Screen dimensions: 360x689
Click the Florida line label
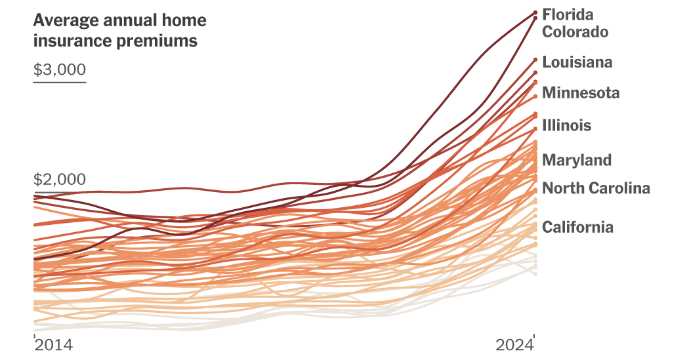click(568, 14)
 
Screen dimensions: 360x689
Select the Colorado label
click(575, 31)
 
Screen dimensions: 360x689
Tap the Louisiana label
click(577, 62)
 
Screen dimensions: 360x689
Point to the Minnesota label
click(581, 93)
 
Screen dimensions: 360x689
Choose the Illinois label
click(566, 125)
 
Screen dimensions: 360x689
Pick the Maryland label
click(577, 160)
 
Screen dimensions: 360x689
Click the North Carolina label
click(596, 189)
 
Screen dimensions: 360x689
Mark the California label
click(577, 227)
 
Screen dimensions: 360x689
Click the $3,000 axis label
click(60, 70)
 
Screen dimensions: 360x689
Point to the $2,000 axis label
click(60, 180)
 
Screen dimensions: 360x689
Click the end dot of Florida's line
click(535, 12)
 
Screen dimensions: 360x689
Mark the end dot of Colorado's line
click(535, 18)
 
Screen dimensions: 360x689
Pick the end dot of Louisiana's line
click(535, 60)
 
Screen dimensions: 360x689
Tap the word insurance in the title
click(67, 41)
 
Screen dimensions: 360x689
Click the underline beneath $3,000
click(60, 82)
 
